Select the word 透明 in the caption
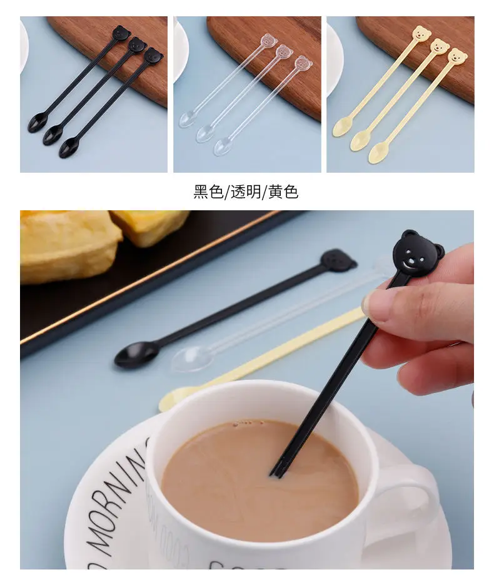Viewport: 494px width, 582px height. click(246, 192)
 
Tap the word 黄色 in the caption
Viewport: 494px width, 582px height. click(283, 192)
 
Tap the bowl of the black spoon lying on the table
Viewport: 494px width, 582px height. click(136, 355)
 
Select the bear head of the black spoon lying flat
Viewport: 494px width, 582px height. click(338, 259)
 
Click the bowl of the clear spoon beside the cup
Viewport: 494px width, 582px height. click(191, 359)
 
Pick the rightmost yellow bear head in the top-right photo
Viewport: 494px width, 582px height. click(457, 56)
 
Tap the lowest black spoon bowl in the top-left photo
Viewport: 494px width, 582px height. click(69, 148)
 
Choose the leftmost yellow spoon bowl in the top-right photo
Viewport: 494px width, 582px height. click(341, 127)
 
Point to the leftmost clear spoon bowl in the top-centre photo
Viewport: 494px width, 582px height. click(188, 119)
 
